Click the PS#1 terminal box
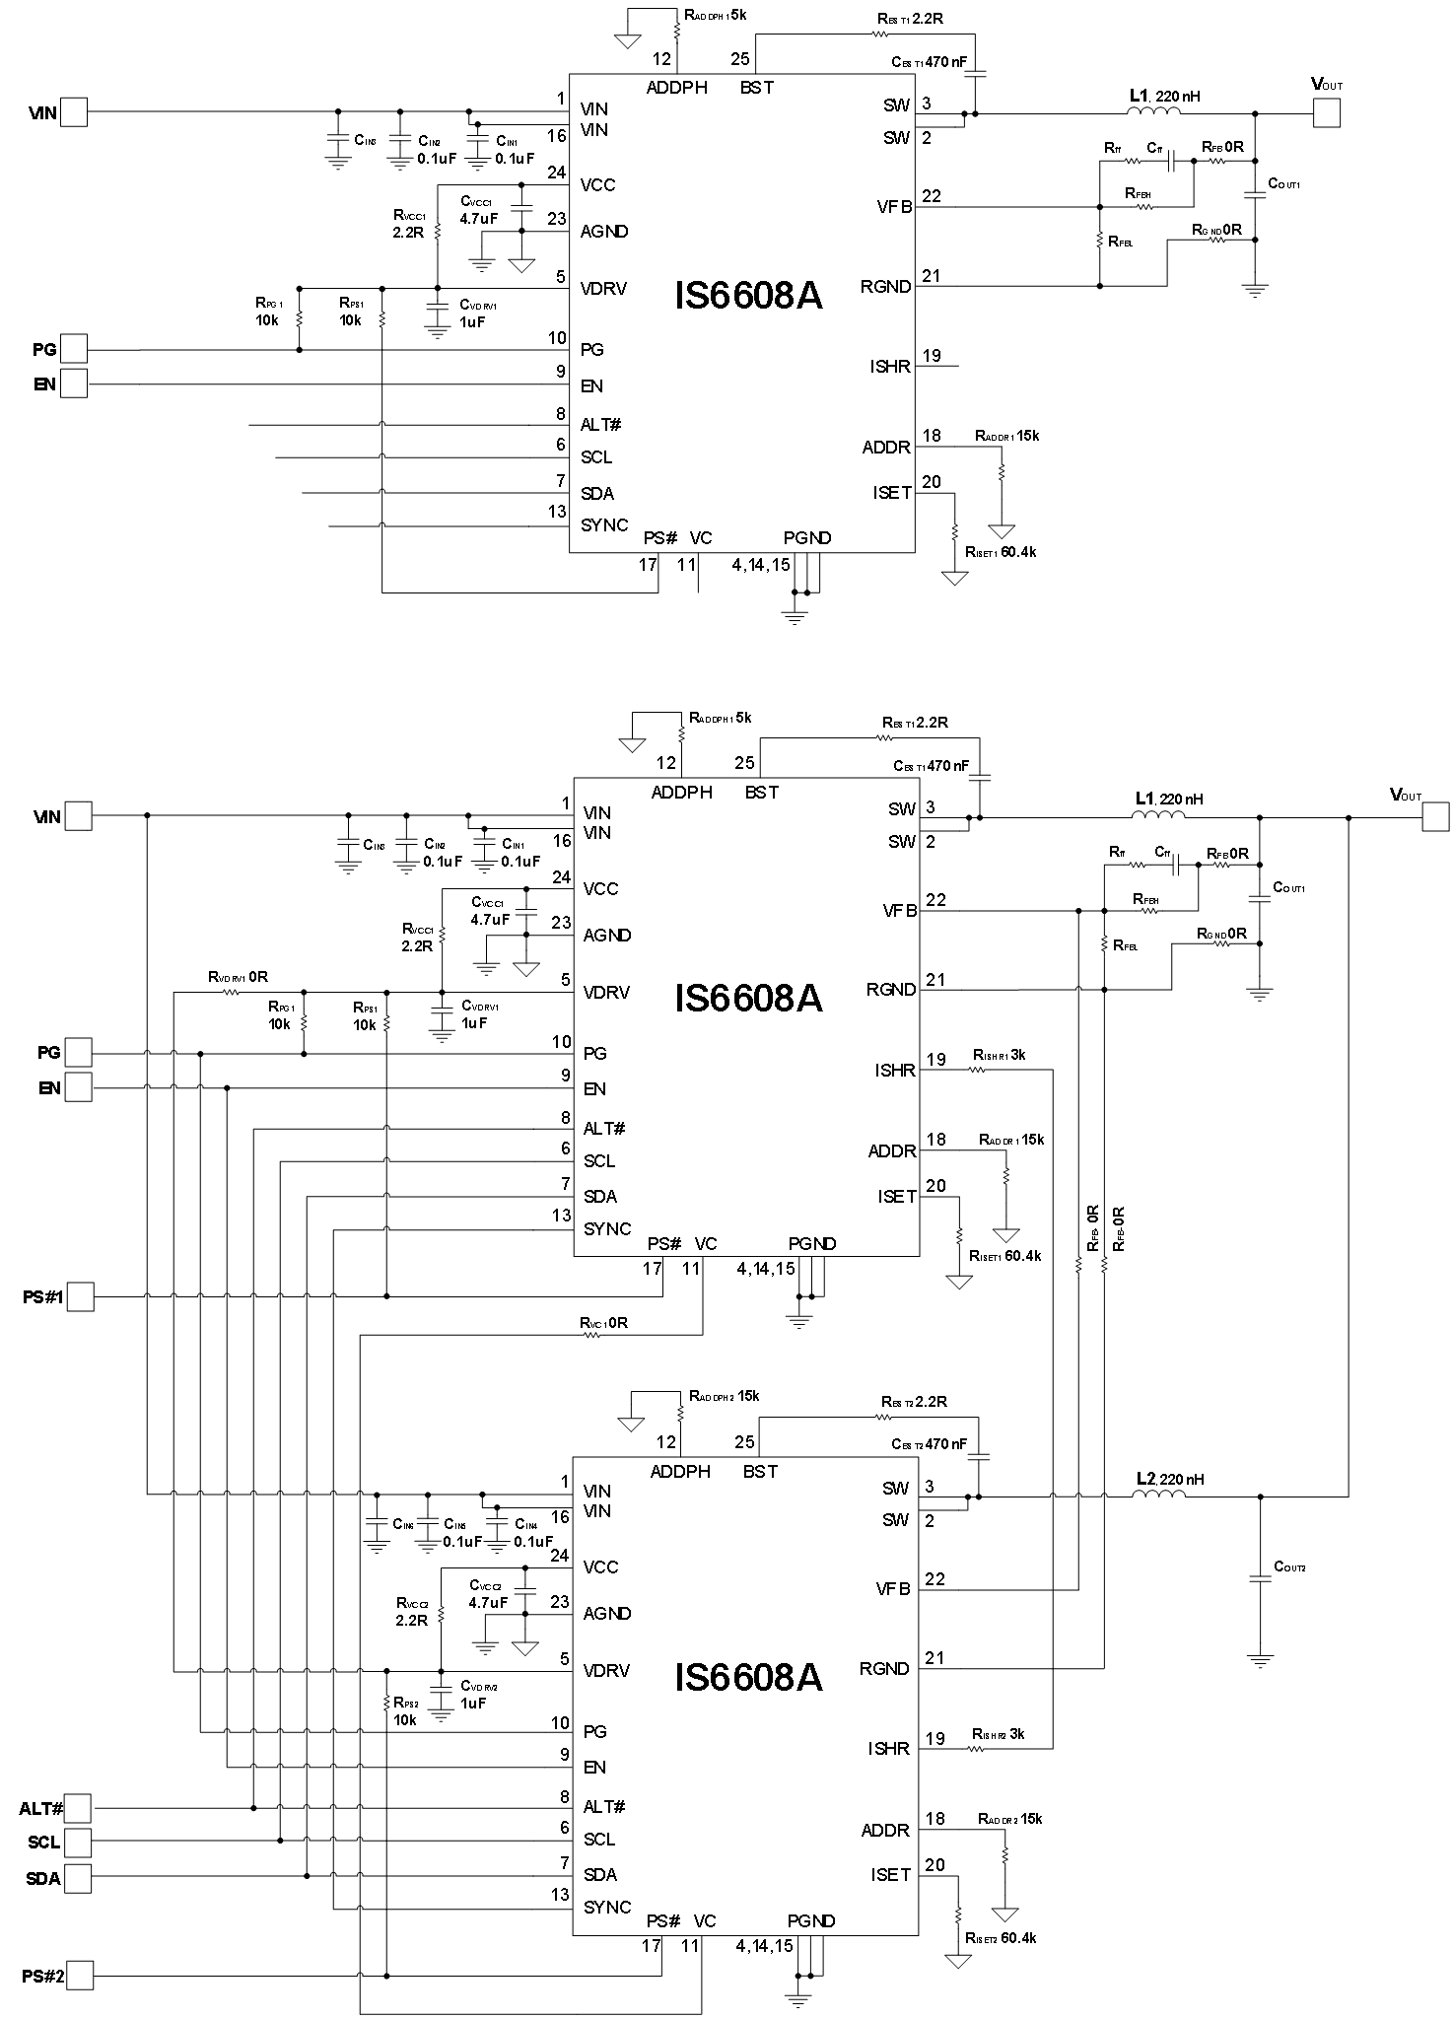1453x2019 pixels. (x=80, y=1295)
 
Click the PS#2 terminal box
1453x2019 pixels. (x=80, y=1976)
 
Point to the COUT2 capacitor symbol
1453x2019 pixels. (x=1260, y=1578)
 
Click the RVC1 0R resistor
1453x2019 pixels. (x=592, y=1335)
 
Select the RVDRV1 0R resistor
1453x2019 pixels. (x=231, y=992)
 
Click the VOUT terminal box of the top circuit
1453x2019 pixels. (x=1326, y=113)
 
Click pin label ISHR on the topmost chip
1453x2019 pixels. (x=890, y=367)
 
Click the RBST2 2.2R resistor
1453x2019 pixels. (x=882, y=1417)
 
